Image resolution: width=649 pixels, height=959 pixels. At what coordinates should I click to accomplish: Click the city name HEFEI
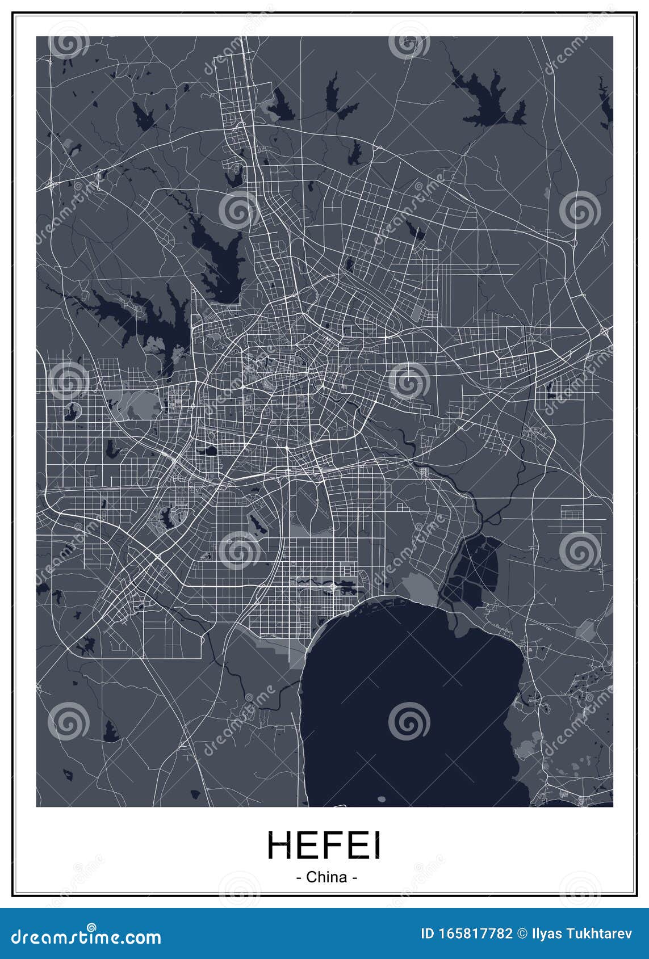[324, 845]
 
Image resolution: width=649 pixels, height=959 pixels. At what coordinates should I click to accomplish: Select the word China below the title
[326, 877]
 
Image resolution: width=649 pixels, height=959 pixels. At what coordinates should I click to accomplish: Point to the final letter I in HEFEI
[376, 845]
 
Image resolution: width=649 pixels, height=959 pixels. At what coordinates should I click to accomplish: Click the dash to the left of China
[299, 877]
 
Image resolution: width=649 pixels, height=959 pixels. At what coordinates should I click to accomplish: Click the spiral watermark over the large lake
[409, 721]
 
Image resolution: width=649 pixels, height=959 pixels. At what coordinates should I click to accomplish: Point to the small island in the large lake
[381, 799]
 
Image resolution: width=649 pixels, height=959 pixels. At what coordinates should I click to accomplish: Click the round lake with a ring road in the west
[72, 410]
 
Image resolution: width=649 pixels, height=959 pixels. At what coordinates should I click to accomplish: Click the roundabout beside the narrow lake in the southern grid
[333, 584]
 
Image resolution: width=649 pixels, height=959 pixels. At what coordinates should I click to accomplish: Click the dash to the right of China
[354, 877]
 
